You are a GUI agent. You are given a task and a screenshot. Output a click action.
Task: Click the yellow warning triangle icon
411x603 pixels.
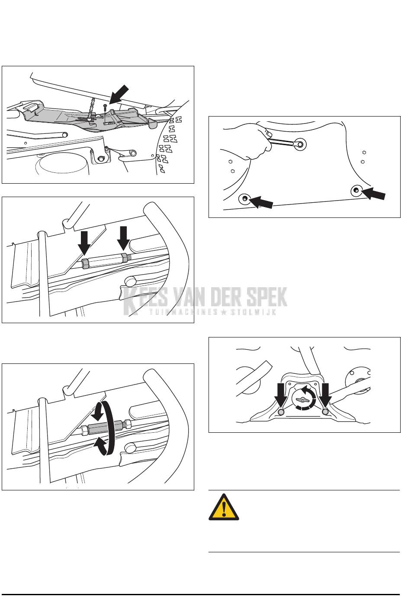tap(224, 507)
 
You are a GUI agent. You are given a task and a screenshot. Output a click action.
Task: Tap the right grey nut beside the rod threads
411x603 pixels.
tap(125, 258)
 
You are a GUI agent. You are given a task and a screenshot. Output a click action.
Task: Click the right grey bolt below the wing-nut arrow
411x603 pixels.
tap(326, 412)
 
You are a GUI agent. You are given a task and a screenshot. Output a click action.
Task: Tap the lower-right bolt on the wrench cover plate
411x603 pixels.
tap(356, 191)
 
